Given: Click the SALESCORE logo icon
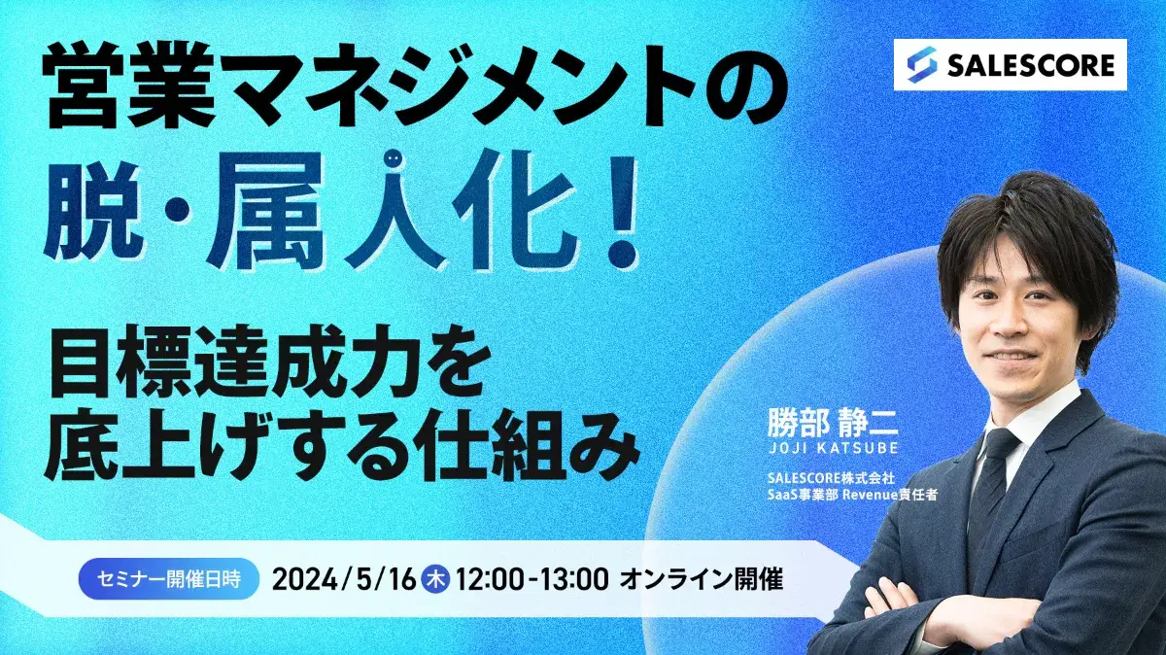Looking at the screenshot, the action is [x=922, y=65].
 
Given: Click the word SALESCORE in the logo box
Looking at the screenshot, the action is [x=1031, y=66].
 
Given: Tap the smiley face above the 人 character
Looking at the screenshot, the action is [x=393, y=157].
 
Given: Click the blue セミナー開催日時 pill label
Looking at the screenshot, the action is [x=169, y=579].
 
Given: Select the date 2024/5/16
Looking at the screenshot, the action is [x=344, y=579].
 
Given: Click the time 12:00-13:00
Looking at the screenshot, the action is [x=532, y=579].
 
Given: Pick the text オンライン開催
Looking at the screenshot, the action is [x=701, y=579].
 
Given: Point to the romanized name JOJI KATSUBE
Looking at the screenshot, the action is [x=833, y=448].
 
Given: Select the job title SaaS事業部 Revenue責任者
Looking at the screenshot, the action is [x=852, y=496].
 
